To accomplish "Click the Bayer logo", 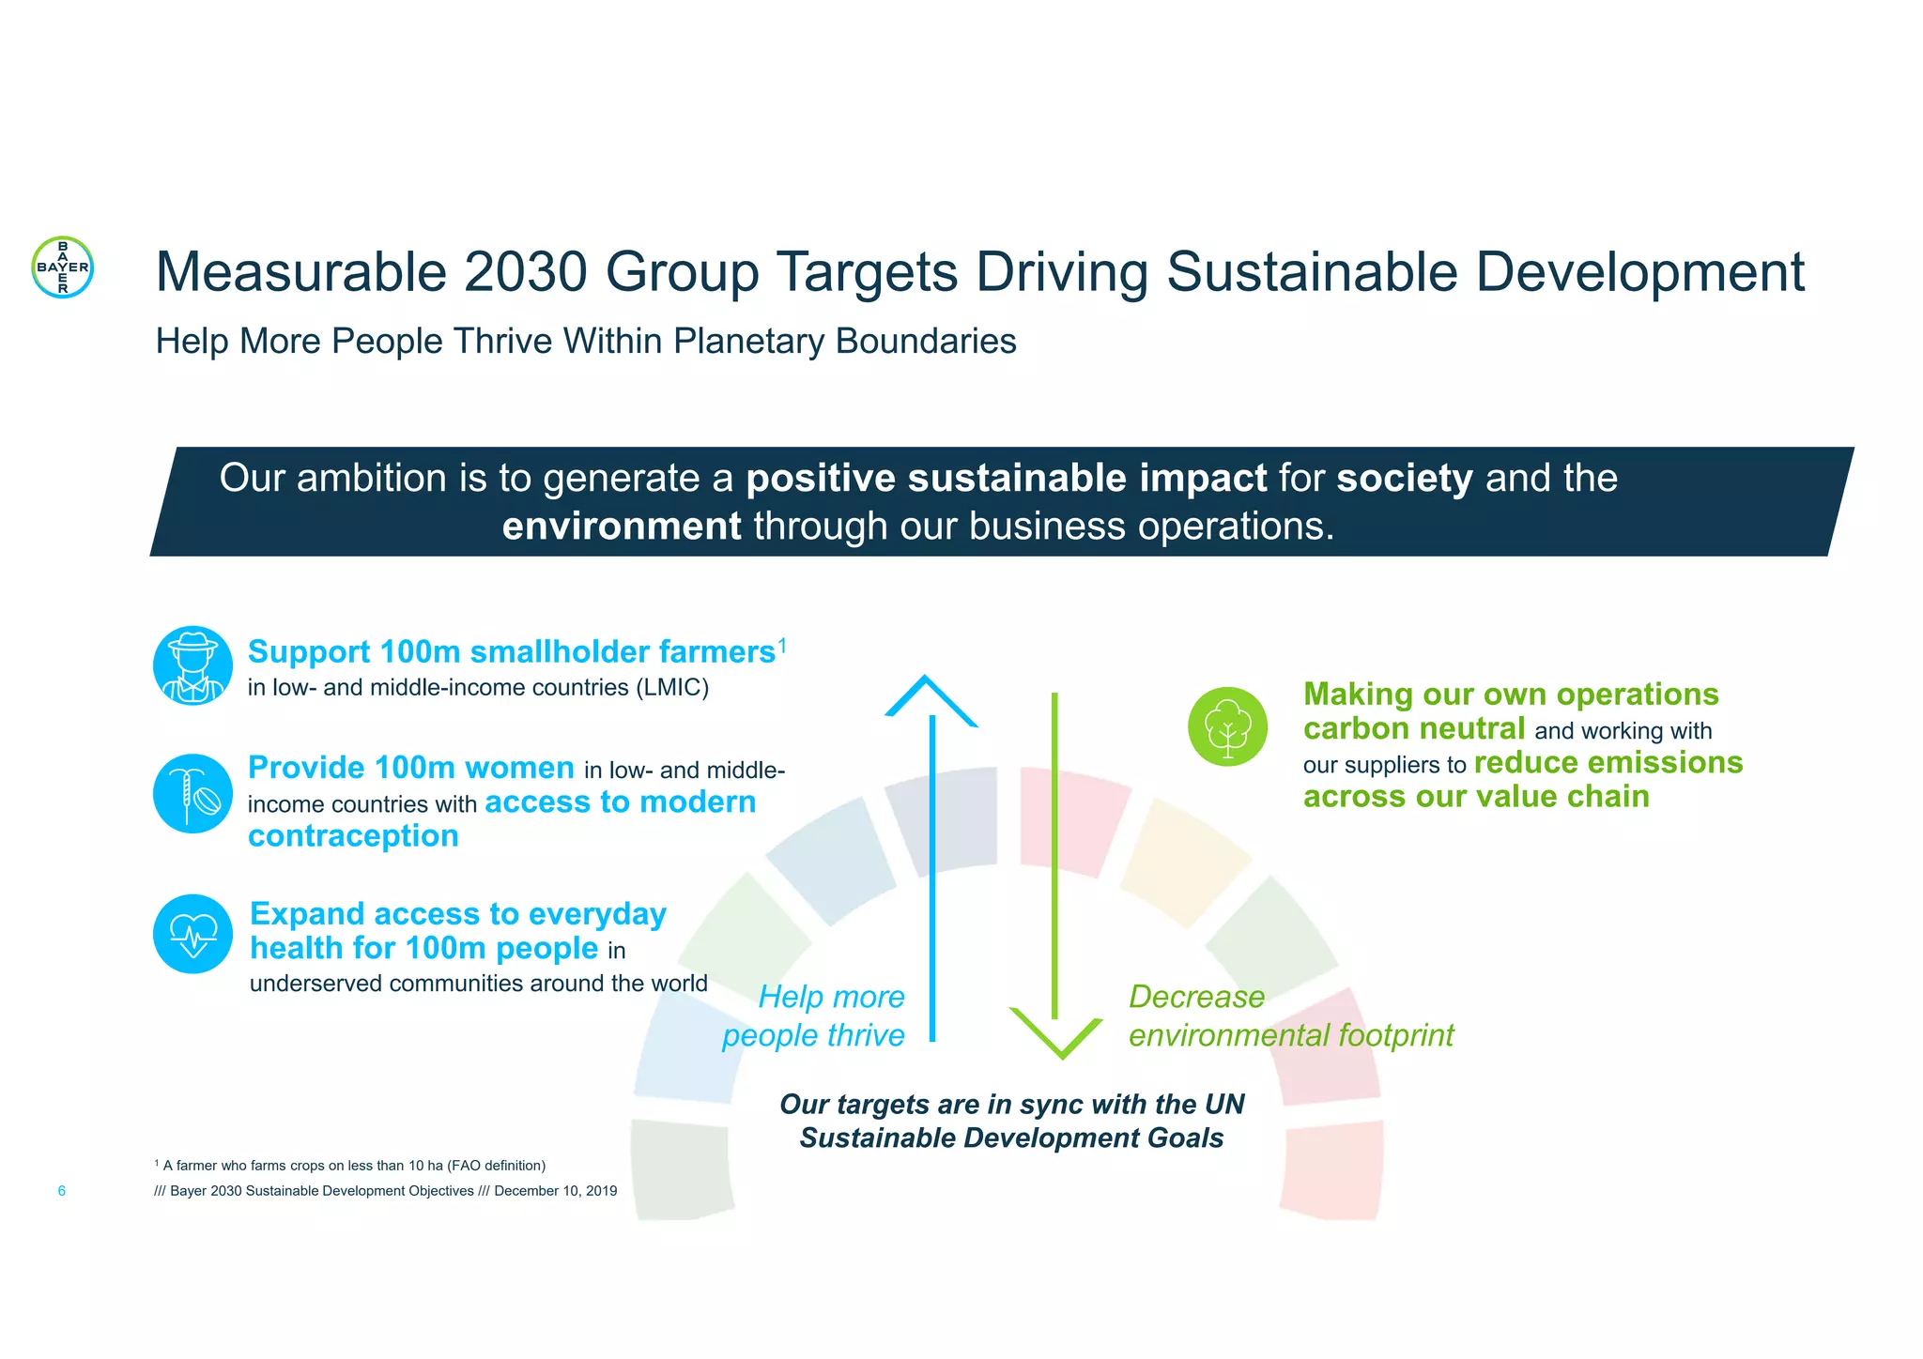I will [x=62, y=267].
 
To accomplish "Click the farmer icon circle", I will [x=192, y=665].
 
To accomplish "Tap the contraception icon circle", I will [x=192, y=794].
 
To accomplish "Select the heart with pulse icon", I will [x=192, y=934].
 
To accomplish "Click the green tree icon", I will [x=1227, y=727].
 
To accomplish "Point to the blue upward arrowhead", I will [x=930, y=699].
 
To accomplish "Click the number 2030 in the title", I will [x=525, y=272].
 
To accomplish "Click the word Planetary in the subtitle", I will [x=748, y=342].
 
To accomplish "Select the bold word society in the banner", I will [x=1404, y=479].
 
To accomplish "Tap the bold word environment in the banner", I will [x=622, y=527].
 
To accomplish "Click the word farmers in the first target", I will [x=716, y=652].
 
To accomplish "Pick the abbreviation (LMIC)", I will [x=671, y=688].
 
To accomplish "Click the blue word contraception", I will [x=353, y=836].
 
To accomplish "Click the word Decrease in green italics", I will [x=1196, y=997].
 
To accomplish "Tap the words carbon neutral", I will [x=1413, y=729].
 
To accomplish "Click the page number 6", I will [x=62, y=1191].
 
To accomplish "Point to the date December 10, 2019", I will [x=555, y=1191].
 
